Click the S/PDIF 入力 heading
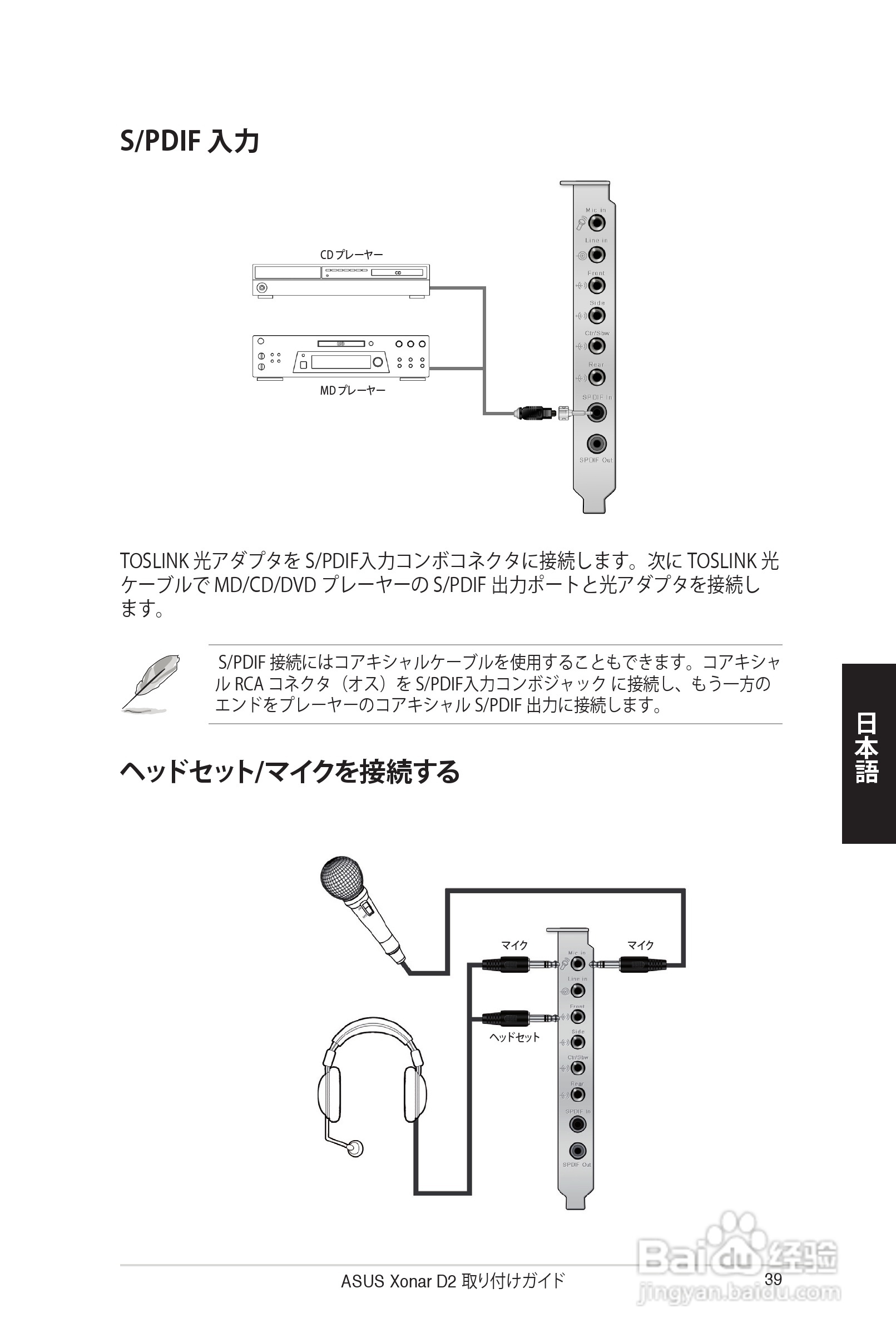190,141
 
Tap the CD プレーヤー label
351,254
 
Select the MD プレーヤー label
352,391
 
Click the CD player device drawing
340,280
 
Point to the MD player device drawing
340,357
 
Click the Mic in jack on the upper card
597,222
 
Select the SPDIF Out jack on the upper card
597,443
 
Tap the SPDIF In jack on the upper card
597,412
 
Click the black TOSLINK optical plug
535,412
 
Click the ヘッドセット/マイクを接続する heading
290,772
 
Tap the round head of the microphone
341,880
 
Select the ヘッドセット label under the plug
514,1037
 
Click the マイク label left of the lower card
514,946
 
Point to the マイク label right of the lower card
640,946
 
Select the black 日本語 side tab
868,753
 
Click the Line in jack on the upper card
597,255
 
